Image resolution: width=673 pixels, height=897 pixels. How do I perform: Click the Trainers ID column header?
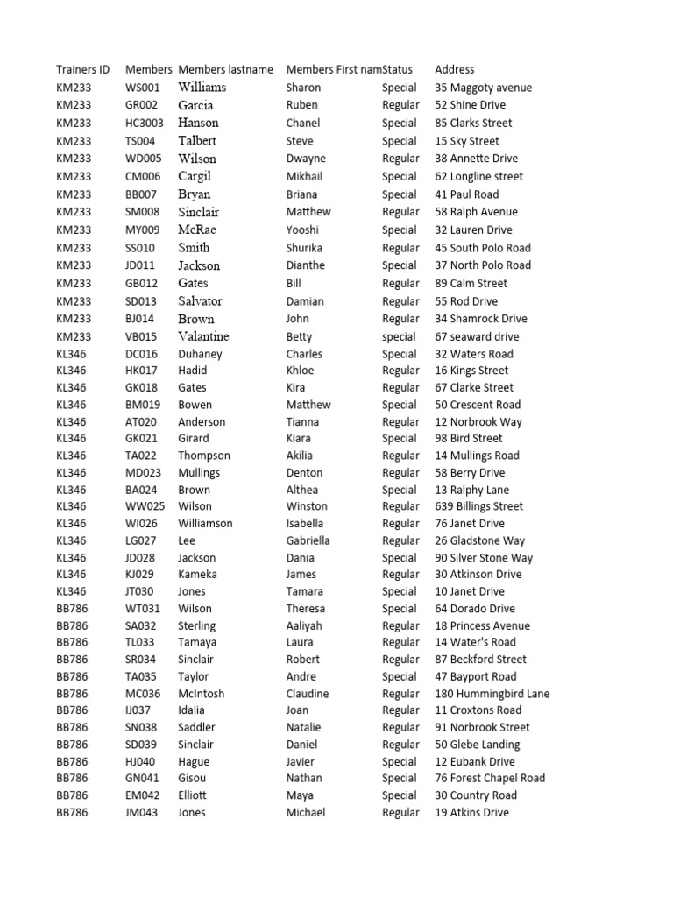(x=82, y=69)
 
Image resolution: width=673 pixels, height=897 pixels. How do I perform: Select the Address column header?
(x=454, y=69)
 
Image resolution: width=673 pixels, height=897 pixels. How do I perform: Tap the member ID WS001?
(x=143, y=88)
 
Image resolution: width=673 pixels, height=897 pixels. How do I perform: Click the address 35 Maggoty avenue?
(x=483, y=88)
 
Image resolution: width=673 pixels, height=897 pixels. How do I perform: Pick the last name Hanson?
(x=198, y=123)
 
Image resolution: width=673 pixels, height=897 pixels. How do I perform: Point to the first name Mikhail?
(x=304, y=176)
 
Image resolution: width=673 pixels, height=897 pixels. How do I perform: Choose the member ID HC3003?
(x=145, y=123)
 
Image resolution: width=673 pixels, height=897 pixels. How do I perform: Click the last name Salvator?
(x=200, y=300)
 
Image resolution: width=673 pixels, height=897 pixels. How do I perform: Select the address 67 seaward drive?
(x=477, y=336)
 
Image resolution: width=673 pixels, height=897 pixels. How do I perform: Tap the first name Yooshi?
(x=303, y=230)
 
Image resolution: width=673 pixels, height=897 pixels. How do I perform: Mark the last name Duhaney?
(x=200, y=354)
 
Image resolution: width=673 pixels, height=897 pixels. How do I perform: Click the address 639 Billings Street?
(x=478, y=506)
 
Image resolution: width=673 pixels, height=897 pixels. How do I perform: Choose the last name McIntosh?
(x=201, y=694)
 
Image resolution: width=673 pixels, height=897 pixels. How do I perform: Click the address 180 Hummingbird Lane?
(x=492, y=694)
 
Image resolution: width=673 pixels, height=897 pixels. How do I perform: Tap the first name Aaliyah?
(x=304, y=625)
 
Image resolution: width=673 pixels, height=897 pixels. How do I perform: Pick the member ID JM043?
(x=142, y=812)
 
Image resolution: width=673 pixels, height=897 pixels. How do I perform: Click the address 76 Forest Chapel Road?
(x=489, y=778)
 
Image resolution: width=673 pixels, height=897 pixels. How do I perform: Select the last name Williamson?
(x=205, y=524)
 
